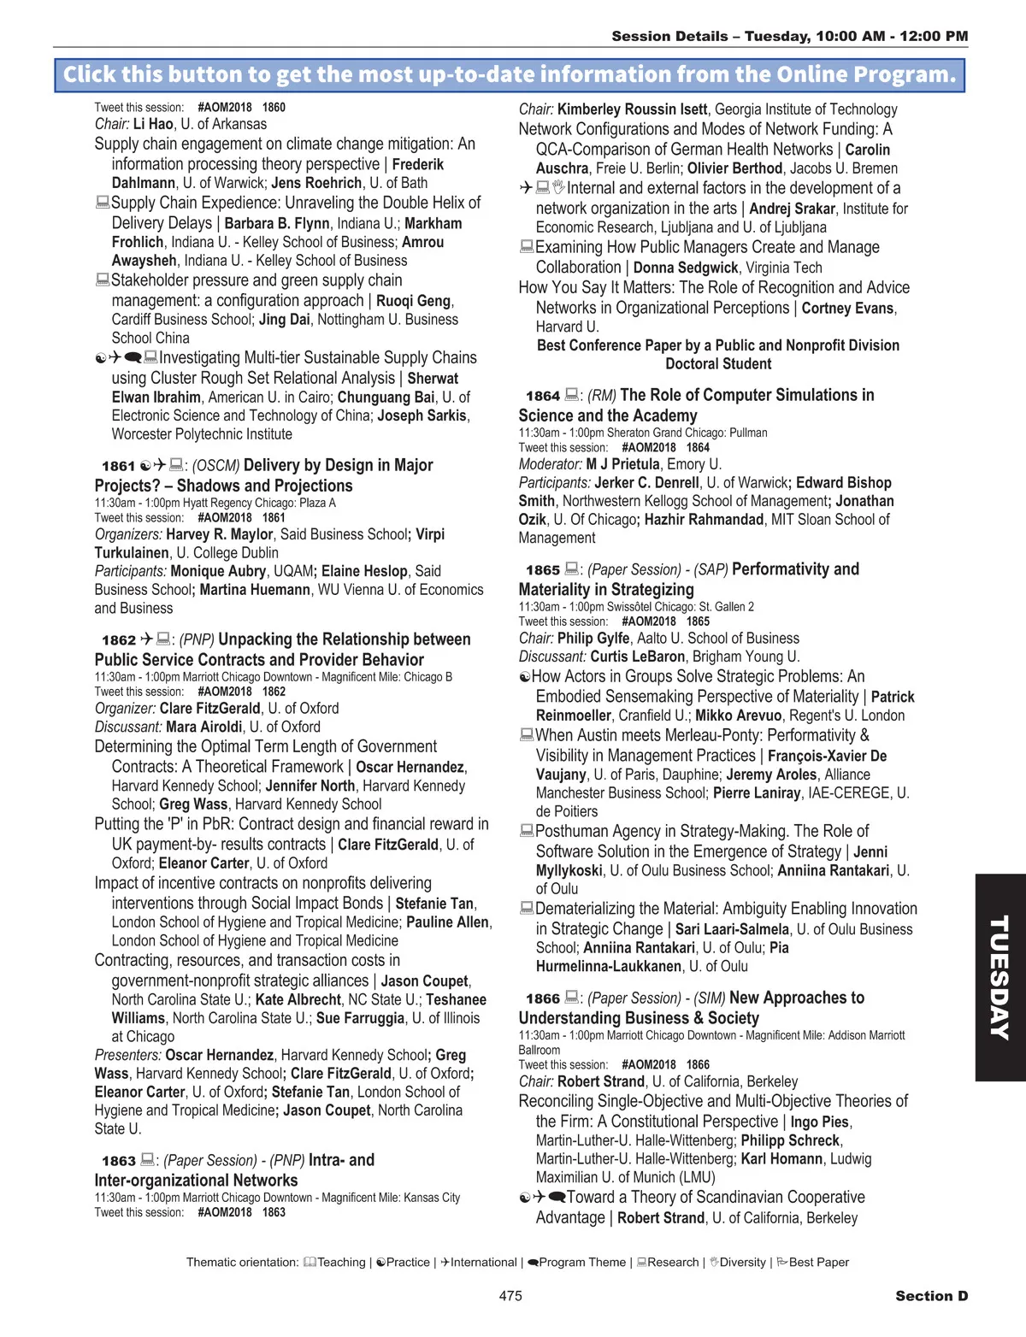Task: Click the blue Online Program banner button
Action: coord(510,75)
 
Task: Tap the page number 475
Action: coord(510,1296)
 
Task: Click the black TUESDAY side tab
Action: coord(999,977)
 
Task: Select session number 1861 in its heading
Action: coord(118,466)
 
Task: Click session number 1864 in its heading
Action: coord(542,396)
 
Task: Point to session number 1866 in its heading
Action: coord(542,998)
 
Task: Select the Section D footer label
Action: coord(931,1296)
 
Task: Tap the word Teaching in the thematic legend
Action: coord(341,1263)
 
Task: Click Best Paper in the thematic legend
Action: coord(818,1263)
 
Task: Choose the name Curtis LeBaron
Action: coord(638,657)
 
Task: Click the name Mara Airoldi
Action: coord(203,727)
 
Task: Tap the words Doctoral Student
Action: coord(718,364)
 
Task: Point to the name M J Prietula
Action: coord(622,464)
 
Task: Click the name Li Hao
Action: coord(153,124)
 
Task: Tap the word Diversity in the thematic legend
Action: coord(742,1263)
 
